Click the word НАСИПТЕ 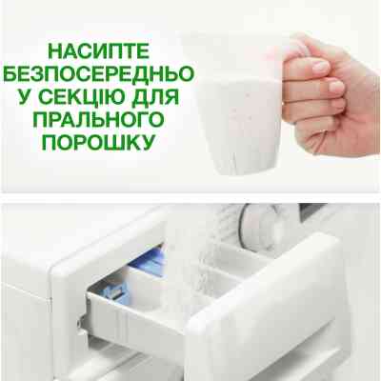click(x=98, y=51)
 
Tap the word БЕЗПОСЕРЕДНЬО click(x=99, y=74)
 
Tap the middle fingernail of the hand click(x=336, y=87)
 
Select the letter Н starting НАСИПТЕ click(x=54, y=51)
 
